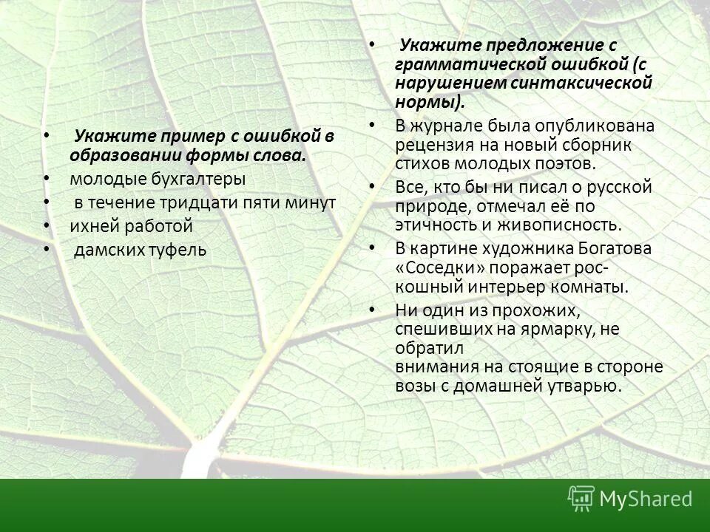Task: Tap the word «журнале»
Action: [x=449, y=126]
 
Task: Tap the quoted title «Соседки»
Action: [x=436, y=267]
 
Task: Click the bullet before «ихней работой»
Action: [x=47, y=226]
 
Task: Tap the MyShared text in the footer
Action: [x=646, y=499]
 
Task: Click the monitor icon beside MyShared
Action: [x=581, y=498]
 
